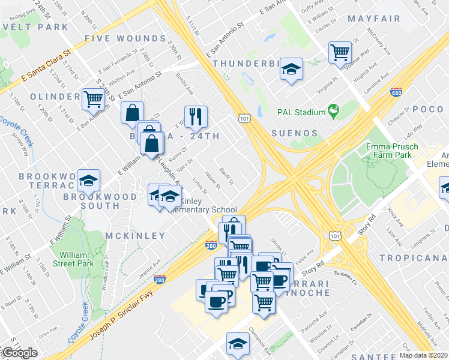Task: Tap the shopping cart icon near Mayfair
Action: (x=340, y=52)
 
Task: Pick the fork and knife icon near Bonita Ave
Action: (x=194, y=116)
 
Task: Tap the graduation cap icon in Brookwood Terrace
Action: (x=89, y=181)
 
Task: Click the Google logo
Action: (x=20, y=353)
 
